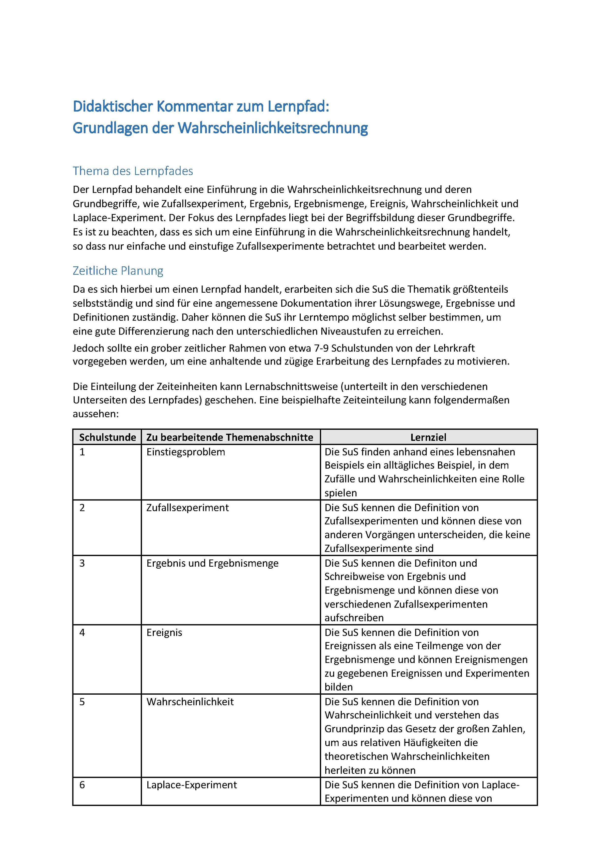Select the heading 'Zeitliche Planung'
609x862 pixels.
pyautogui.click(x=118, y=271)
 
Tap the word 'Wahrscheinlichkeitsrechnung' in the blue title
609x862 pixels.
pyautogui.click(x=273, y=128)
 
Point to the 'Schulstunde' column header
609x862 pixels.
pyautogui.click(x=107, y=437)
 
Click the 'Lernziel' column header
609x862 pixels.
pyautogui.click(x=428, y=437)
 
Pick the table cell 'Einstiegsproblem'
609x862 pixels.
pyautogui.click(x=186, y=452)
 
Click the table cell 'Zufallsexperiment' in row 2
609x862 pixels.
pyautogui.click(x=187, y=508)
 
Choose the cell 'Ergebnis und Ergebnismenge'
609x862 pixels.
pyautogui.click(x=212, y=563)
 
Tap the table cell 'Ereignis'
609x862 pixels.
pyautogui.click(x=164, y=633)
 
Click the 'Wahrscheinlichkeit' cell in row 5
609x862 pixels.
pyautogui.click(x=190, y=702)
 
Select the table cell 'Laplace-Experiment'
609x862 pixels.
pyautogui.click(x=192, y=785)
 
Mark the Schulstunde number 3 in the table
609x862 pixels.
pyautogui.click(x=82, y=563)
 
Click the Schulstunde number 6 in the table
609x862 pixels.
pyautogui.click(x=82, y=785)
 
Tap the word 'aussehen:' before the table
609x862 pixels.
pyautogui.click(x=96, y=414)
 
